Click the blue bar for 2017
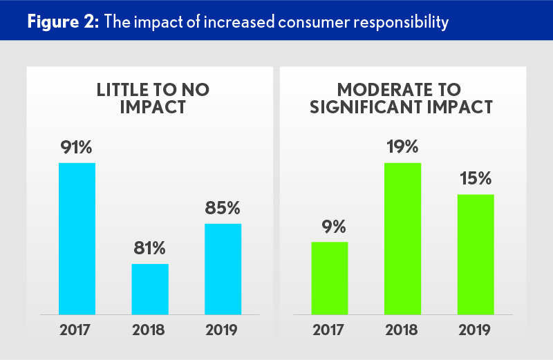(77, 238)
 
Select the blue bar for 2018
(150, 289)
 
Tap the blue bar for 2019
(223, 269)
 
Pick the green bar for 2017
(330, 278)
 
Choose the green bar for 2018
(402, 238)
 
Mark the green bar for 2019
(476, 254)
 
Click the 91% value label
(77, 146)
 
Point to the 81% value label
(150, 248)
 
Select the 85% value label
(223, 207)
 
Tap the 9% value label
(330, 226)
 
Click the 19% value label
(402, 146)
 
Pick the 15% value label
(476, 178)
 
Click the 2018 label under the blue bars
(150, 330)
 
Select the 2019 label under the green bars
(476, 330)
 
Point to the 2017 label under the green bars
(330, 330)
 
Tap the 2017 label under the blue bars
(77, 330)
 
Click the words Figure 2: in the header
(63, 22)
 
